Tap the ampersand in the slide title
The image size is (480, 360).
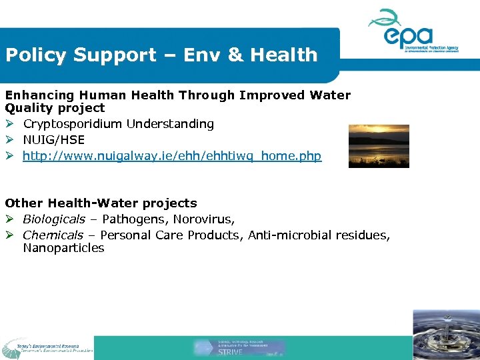click(x=235, y=55)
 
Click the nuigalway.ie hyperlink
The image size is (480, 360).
click(x=172, y=156)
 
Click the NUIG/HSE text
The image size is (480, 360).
click(x=54, y=140)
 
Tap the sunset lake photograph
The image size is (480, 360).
click(x=379, y=146)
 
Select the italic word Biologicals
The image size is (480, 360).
click(x=54, y=219)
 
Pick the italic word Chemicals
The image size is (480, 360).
click(x=53, y=235)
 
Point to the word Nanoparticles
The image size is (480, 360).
click(x=63, y=248)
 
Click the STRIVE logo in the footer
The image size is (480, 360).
click(x=240, y=347)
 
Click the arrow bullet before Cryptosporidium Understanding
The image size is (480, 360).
click(x=10, y=124)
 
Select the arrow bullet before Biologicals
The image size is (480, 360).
click(x=10, y=219)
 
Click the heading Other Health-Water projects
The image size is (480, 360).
click(x=101, y=203)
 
